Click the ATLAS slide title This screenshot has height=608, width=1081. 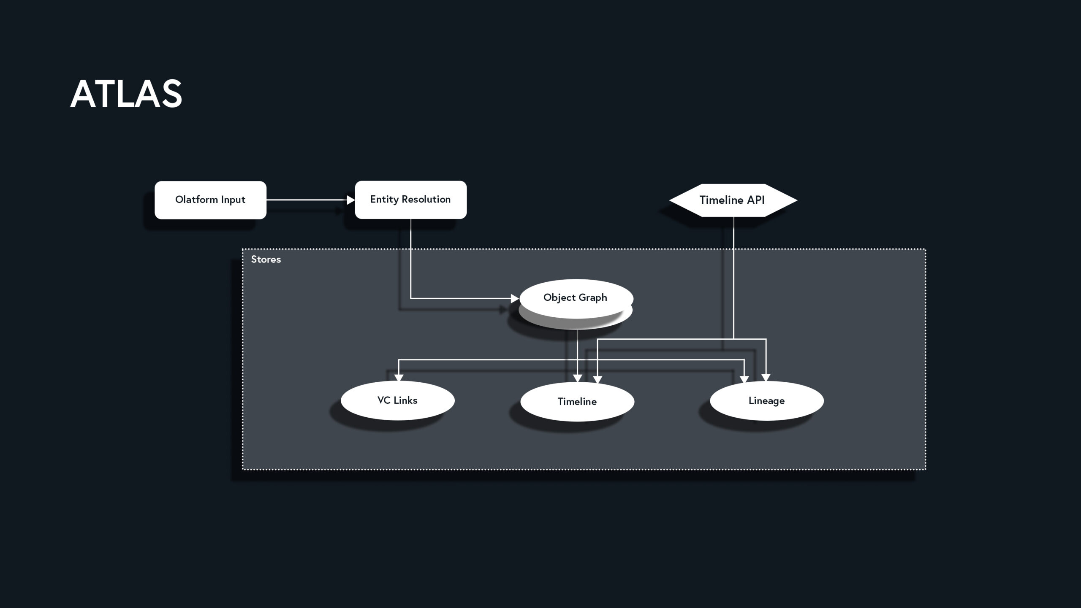tap(126, 94)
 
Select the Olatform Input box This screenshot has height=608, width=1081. tap(210, 200)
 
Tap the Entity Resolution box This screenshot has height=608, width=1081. tap(410, 200)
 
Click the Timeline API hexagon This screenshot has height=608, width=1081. tap(733, 200)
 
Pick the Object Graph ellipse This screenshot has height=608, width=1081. tap(576, 298)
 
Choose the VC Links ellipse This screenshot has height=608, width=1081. tap(397, 400)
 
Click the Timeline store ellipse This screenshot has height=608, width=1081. tap(577, 401)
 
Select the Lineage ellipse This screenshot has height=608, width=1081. tap(766, 401)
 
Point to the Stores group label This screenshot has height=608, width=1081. tap(266, 259)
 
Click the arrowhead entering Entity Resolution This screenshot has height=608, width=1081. tap(350, 200)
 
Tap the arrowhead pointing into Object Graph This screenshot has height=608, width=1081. tap(514, 298)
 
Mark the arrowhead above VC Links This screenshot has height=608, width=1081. tap(399, 377)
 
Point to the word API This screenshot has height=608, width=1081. tap(756, 200)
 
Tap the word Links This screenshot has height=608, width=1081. tap(405, 400)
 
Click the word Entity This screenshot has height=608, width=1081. tap(384, 200)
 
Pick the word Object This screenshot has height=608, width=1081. tap(559, 297)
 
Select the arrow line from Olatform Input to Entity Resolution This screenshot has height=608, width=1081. tap(306, 200)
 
